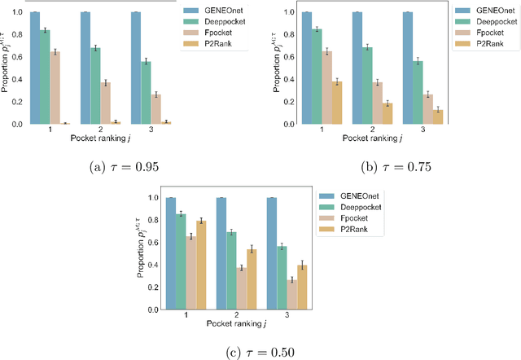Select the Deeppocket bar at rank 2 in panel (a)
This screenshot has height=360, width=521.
tap(95, 86)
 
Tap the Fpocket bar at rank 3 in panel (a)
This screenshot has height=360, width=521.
tap(155, 109)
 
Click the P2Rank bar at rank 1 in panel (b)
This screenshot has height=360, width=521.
tap(336, 103)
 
